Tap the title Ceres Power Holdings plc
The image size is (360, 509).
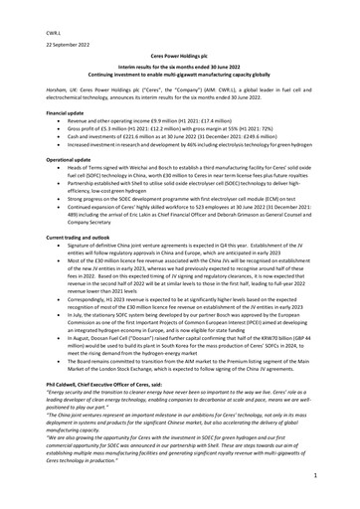(180, 59)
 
